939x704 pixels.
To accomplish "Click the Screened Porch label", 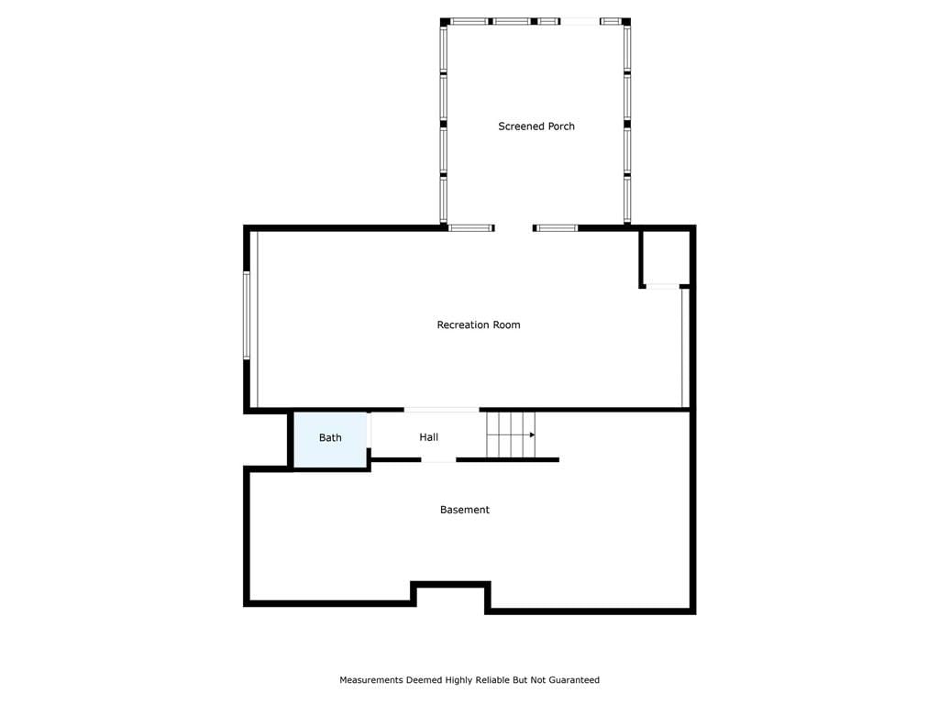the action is [536, 126].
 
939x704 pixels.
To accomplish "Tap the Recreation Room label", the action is [479, 325].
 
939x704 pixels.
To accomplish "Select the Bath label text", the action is [330, 437].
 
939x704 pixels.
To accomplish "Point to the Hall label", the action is [429, 437].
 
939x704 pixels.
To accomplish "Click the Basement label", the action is [465, 510].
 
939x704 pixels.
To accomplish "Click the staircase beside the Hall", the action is [510, 434].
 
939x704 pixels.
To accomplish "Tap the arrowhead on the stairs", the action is [532, 434].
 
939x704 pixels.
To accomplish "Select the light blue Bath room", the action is [330, 439].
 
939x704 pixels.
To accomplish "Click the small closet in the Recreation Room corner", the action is [666, 258].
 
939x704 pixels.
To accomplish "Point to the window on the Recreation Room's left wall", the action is [246, 315].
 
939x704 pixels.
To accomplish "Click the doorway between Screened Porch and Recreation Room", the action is [514, 228].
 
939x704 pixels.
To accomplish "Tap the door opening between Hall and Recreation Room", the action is [441, 410].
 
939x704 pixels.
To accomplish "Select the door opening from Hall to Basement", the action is [438, 460].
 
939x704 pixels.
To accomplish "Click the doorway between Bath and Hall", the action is [369, 430].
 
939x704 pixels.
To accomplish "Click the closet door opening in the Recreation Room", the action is [662, 287].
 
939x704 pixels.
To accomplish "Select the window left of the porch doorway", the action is [470, 228].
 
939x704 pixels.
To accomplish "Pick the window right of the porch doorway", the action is [556, 228].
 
